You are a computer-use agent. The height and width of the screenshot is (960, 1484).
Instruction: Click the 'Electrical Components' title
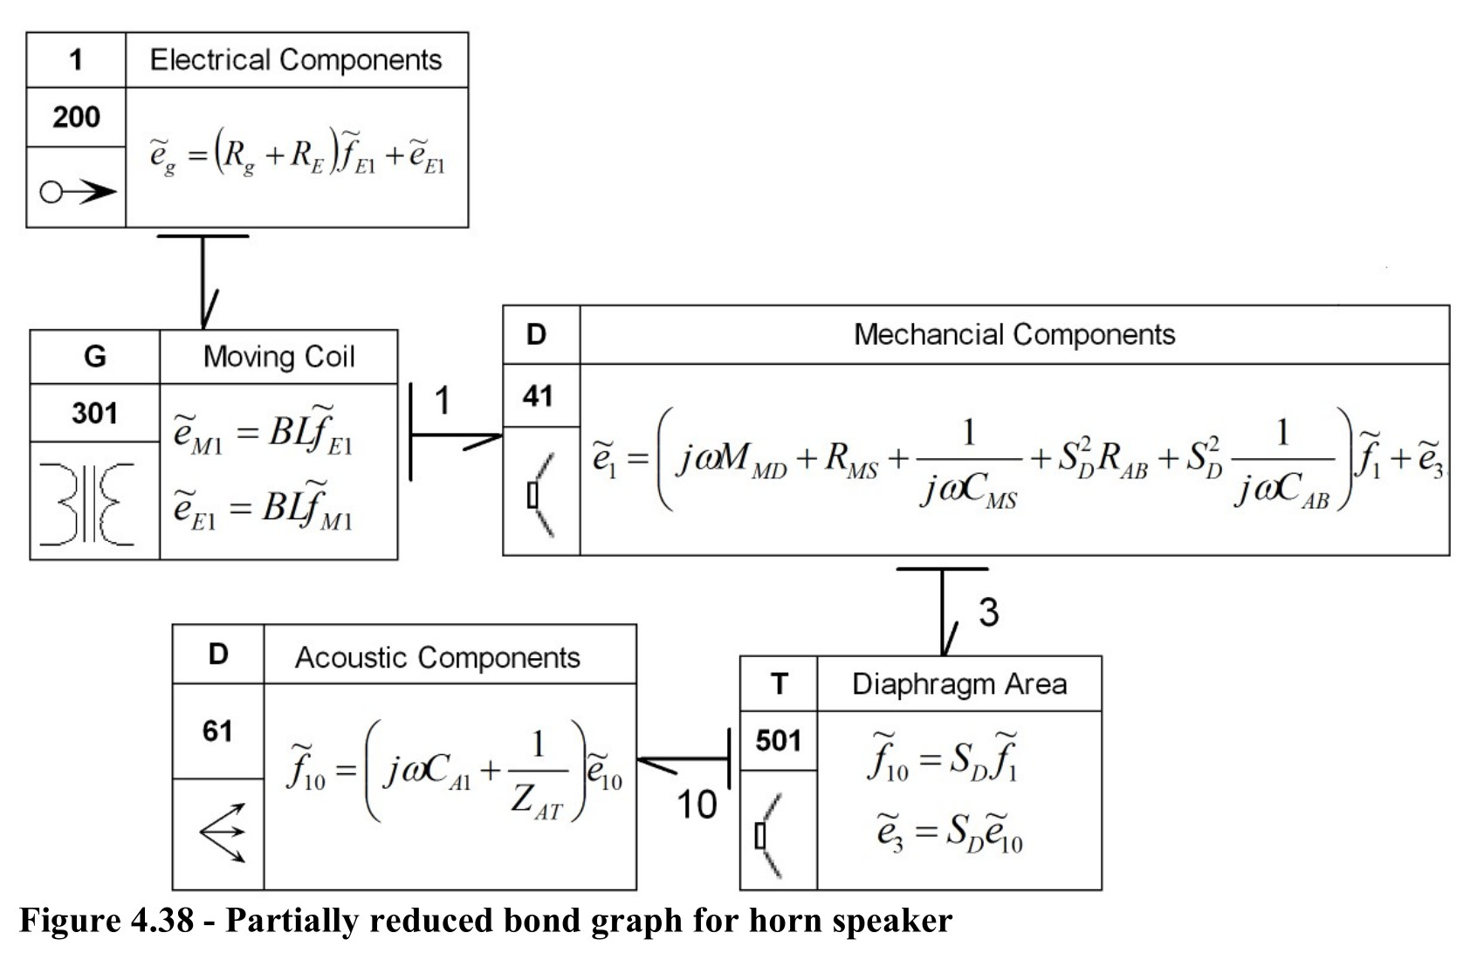(x=295, y=59)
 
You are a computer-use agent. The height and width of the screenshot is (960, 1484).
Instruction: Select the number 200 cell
(x=76, y=117)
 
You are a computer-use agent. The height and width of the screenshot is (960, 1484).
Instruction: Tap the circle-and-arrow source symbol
(x=78, y=192)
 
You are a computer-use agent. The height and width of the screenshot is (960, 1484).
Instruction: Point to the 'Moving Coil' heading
(x=279, y=356)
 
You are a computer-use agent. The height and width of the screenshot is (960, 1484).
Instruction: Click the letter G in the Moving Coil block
(x=95, y=356)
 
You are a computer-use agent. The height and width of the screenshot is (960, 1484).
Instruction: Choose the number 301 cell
(x=95, y=413)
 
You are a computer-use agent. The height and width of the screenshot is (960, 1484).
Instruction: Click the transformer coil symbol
(x=87, y=504)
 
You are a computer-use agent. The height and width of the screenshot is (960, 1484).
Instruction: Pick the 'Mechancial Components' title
(x=1014, y=334)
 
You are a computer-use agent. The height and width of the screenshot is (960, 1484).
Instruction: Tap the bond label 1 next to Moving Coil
(x=442, y=401)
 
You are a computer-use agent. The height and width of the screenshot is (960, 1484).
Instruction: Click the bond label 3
(x=988, y=612)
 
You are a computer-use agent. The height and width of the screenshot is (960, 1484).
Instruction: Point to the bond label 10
(x=697, y=806)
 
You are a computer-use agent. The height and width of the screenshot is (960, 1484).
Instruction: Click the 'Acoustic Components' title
(x=437, y=658)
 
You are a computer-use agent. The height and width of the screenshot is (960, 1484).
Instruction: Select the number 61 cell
(x=218, y=730)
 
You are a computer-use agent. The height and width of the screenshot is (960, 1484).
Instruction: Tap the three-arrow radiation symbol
(x=223, y=833)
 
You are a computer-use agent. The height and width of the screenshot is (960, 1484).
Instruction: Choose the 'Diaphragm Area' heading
(x=959, y=684)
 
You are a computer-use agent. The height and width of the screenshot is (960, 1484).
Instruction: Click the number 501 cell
(x=779, y=741)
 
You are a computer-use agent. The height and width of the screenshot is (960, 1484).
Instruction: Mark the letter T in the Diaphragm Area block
(x=779, y=683)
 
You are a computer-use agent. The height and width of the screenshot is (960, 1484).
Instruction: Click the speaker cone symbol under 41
(x=540, y=494)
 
